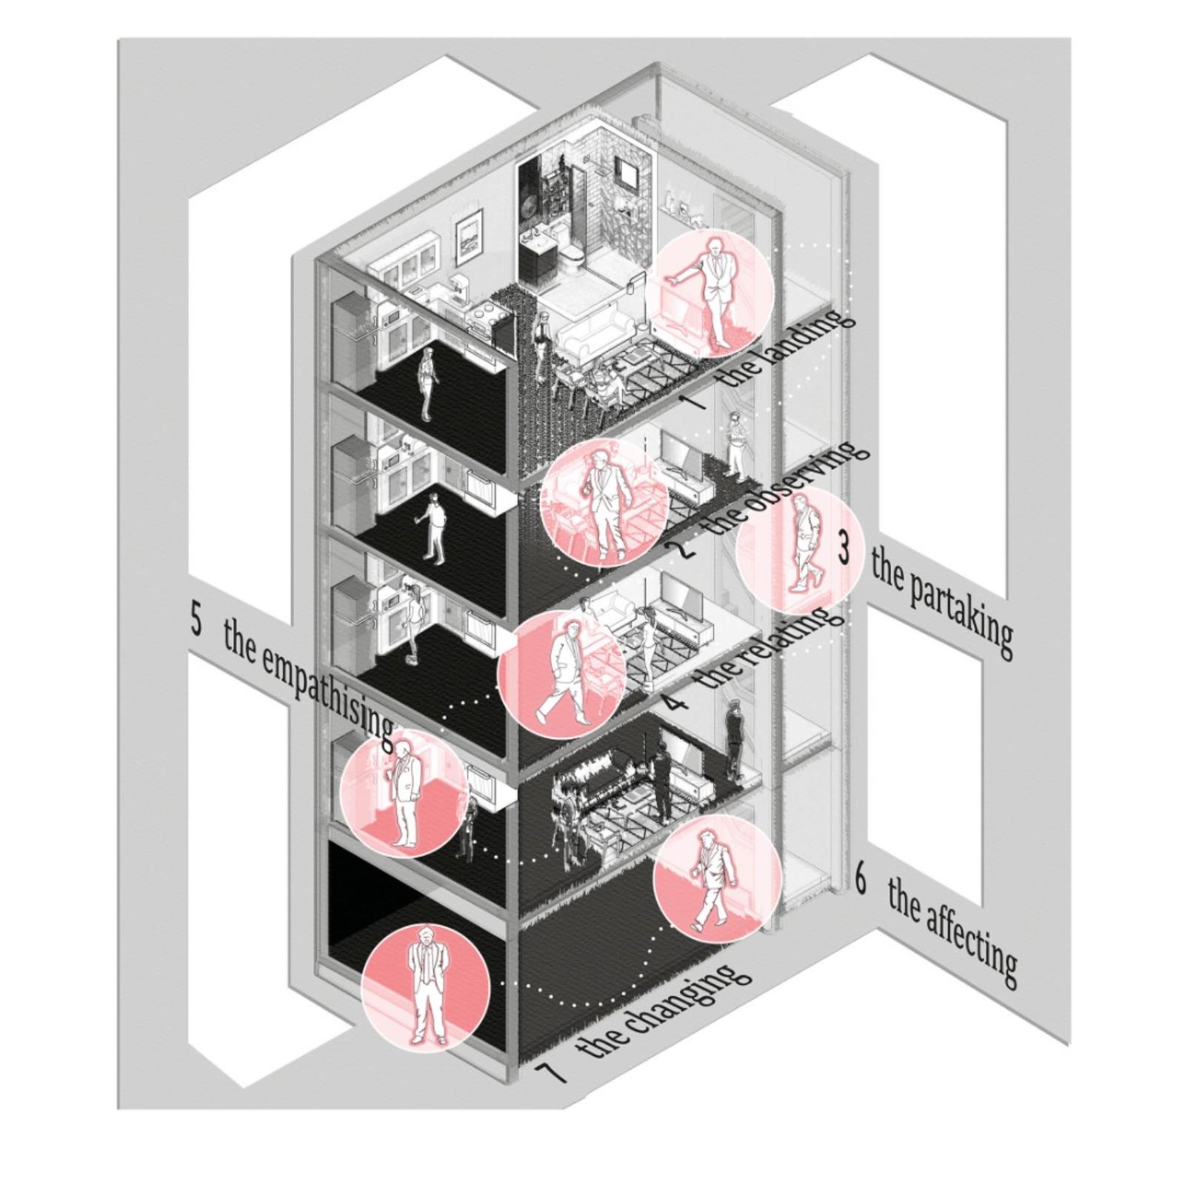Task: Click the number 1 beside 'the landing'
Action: (x=694, y=402)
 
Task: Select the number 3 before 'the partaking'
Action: (x=844, y=547)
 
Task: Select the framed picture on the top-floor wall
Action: (x=469, y=236)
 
